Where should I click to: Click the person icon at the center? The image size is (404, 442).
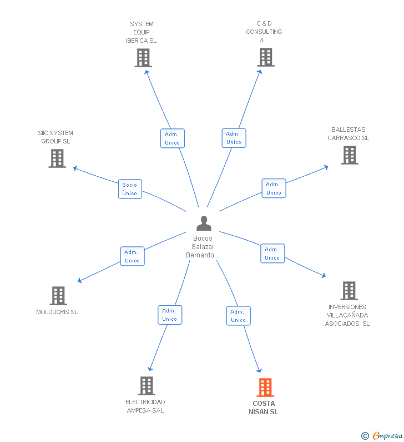[204, 224]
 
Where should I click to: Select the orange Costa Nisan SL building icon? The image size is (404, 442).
[265, 388]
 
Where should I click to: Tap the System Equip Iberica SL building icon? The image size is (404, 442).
[143, 58]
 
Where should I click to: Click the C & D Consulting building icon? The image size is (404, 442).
[265, 57]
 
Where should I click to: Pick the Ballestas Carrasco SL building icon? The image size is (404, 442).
[349, 155]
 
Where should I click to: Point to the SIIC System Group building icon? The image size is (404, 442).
[57, 158]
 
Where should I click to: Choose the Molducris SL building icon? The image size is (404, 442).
[58, 296]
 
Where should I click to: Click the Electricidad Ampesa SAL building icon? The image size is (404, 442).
[146, 386]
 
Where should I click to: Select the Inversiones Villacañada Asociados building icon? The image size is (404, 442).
[349, 291]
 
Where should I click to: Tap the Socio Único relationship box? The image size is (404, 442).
[130, 189]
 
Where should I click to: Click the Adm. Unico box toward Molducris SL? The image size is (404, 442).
[132, 256]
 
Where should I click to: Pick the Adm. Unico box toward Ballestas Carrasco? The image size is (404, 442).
[274, 188]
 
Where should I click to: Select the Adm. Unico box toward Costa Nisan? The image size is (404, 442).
[238, 316]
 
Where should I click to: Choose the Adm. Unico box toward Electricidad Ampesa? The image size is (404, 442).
[170, 315]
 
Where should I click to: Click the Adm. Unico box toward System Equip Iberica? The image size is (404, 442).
[173, 138]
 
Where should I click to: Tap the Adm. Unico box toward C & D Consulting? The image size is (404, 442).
[234, 138]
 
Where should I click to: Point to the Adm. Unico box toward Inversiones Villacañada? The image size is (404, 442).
[272, 254]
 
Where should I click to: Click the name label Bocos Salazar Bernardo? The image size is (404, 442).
[203, 247]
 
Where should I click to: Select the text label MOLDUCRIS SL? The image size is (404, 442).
[57, 312]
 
